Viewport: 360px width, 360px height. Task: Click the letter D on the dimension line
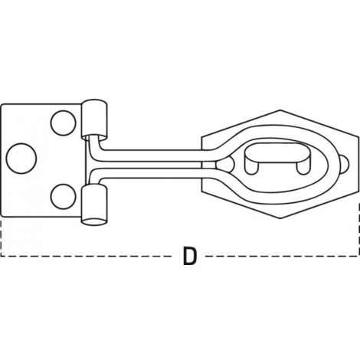point(190,256)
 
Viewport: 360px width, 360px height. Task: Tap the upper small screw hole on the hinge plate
point(64,123)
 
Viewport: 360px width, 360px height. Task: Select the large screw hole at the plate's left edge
point(21,159)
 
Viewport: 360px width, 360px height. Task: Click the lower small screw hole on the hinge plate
point(64,196)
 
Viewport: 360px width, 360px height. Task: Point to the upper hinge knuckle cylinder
point(94,119)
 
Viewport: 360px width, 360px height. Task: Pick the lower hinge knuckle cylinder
point(94,205)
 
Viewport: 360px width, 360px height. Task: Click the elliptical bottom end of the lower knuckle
point(95,221)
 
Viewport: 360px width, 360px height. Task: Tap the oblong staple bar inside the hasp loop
point(278,152)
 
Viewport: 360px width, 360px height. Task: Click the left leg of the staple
point(252,167)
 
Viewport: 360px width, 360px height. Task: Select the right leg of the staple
point(303,167)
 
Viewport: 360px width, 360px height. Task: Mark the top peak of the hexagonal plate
point(280,110)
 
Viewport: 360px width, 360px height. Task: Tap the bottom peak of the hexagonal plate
point(280,218)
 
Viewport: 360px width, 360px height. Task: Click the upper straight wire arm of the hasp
point(153,155)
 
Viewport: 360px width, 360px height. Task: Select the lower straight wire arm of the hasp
point(153,174)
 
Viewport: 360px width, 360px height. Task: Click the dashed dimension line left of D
point(87,256)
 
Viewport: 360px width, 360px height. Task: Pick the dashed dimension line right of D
point(281,256)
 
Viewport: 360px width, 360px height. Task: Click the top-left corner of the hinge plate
point(2,105)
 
